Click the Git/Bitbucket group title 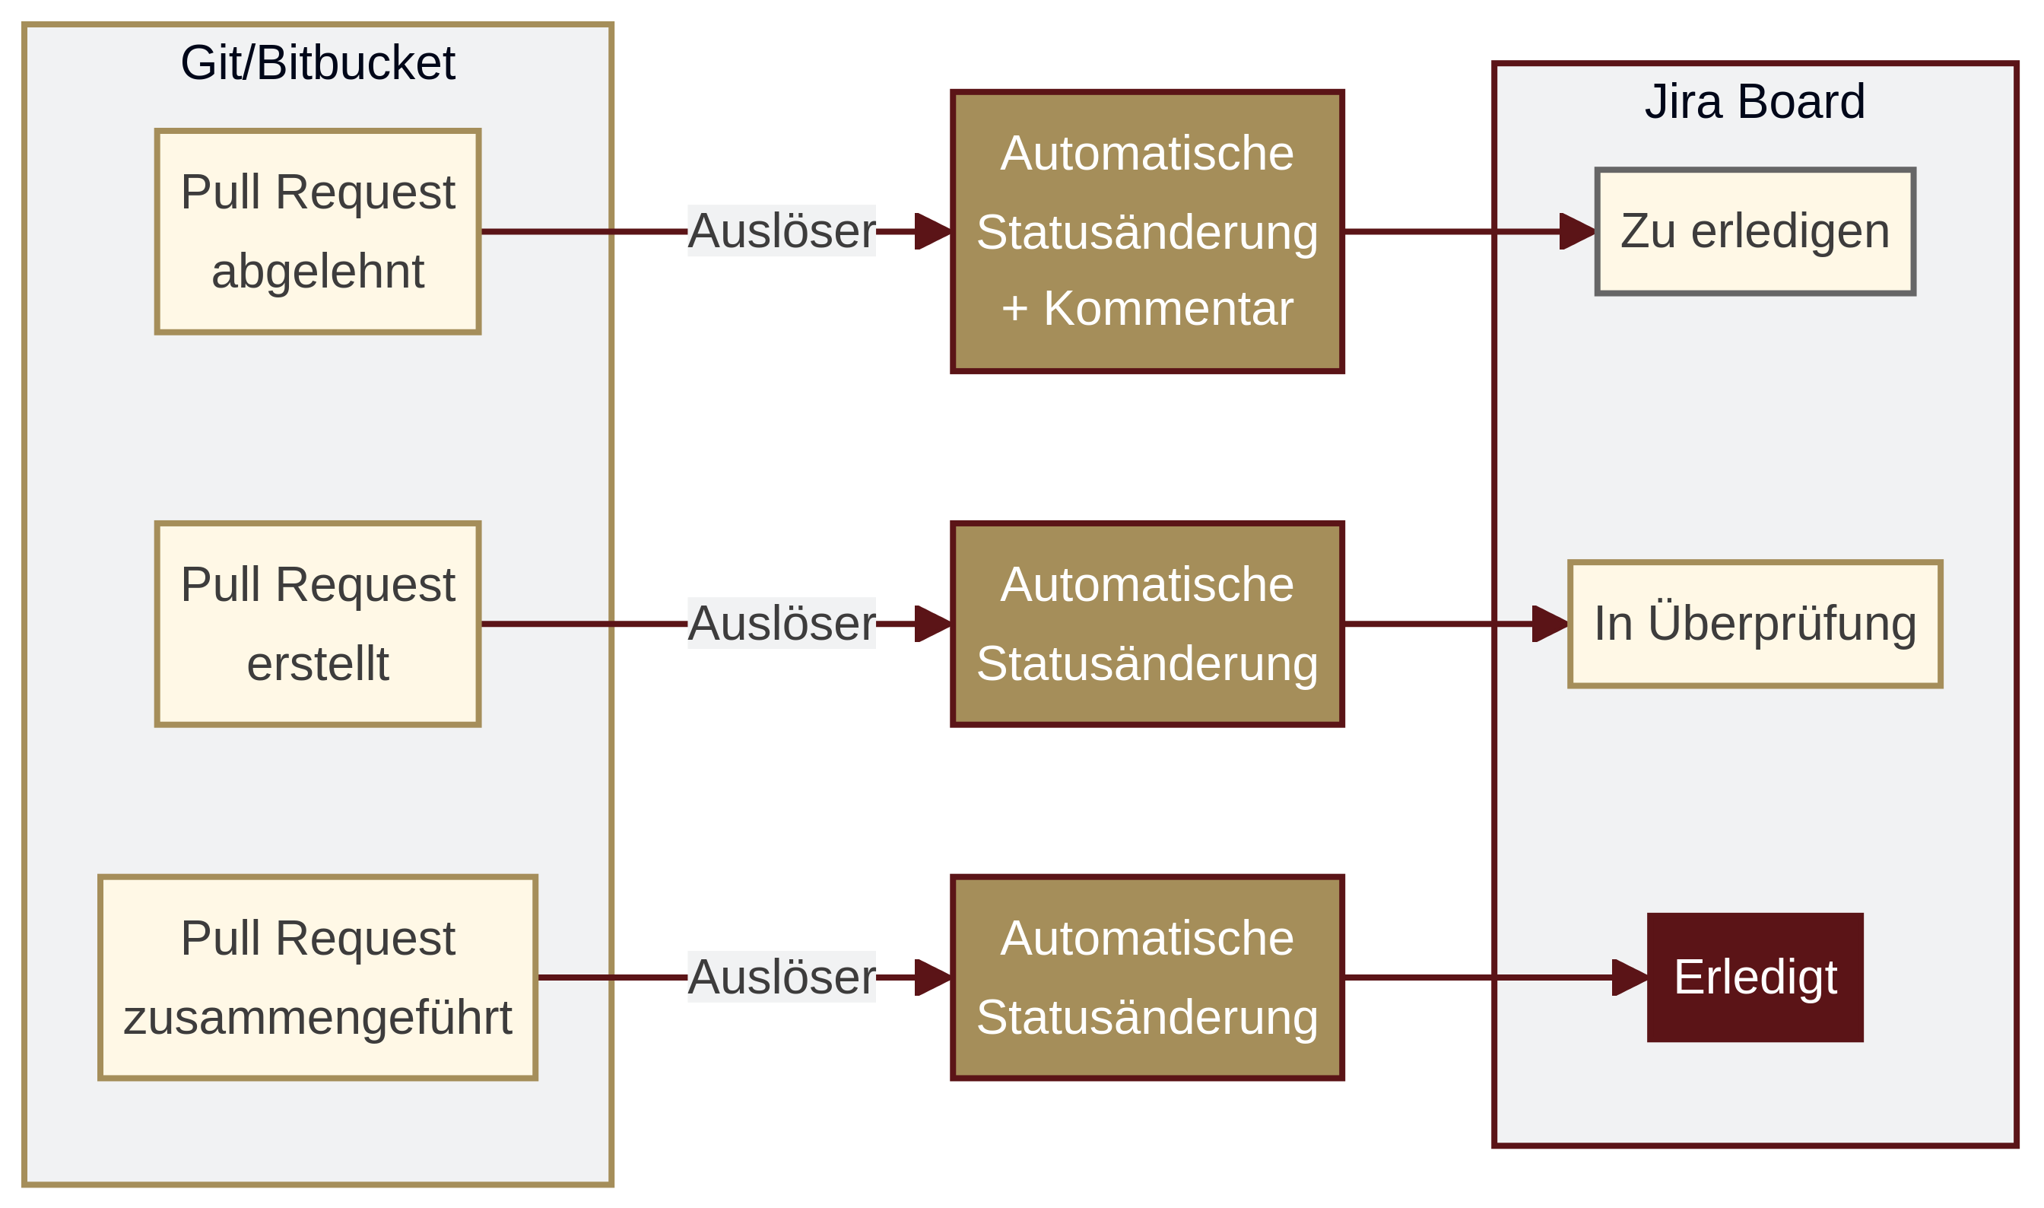click(317, 62)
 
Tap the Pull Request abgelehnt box click(317, 231)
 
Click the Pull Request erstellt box click(317, 624)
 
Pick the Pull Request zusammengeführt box click(317, 977)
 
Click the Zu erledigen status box click(1754, 231)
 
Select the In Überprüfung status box click(1754, 624)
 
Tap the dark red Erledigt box click(1754, 977)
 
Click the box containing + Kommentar click(1147, 231)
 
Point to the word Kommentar click(1168, 309)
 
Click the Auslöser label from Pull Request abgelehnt click(781, 231)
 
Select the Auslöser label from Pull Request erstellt click(781, 624)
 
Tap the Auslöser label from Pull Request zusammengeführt click(781, 977)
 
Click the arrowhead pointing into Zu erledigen click(1577, 231)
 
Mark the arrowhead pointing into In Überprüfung click(1549, 624)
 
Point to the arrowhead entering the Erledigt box click(1629, 977)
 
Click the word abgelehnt click(317, 271)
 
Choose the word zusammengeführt click(317, 1018)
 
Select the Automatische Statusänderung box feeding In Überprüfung click(1147, 624)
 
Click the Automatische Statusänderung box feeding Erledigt click(1147, 977)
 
